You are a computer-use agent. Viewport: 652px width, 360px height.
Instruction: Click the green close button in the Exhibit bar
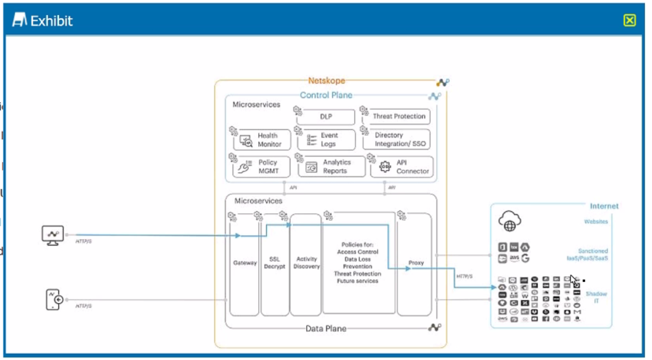coord(629,21)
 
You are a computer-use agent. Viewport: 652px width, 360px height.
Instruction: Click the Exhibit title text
coord(51,21)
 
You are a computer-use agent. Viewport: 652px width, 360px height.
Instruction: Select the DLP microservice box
coord(326,117)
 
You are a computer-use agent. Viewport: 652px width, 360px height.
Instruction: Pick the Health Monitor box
coord(262,140)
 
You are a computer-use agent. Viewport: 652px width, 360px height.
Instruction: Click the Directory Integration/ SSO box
coord(397,140)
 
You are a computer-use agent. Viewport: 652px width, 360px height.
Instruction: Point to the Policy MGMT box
coord(262,167)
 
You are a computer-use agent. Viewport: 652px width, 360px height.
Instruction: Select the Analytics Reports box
coord(332,167)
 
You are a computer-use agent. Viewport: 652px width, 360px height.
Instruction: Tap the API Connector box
coord(403,167)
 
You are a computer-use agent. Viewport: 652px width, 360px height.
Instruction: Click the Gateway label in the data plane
coord(245,263)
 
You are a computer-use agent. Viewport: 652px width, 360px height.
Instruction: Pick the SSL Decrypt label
coord(274,263)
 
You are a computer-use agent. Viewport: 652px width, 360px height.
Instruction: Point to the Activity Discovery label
coord(306,263)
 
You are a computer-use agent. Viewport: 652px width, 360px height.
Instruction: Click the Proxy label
coord(416,263)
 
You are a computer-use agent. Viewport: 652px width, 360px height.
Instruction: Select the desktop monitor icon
coord(53,235)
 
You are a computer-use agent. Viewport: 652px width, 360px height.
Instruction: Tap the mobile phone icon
coord(54,299)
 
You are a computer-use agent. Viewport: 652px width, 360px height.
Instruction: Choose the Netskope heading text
coord(326,81)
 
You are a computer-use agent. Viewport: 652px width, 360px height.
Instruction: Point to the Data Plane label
coord(326,329)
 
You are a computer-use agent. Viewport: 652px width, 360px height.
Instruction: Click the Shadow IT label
coord(597,298)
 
